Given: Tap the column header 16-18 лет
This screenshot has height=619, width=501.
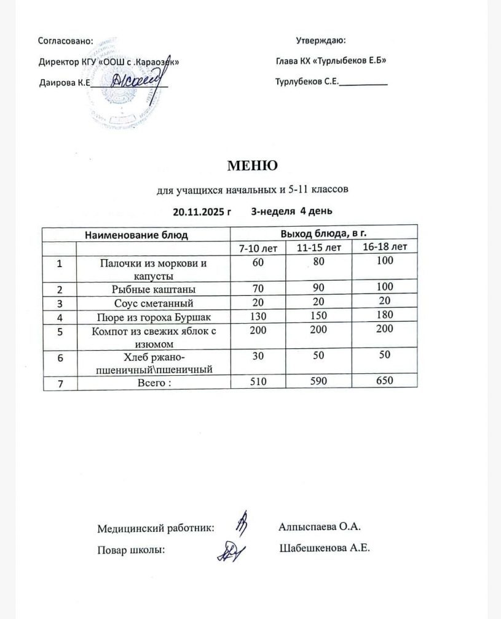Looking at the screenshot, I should click(x=385, y=247).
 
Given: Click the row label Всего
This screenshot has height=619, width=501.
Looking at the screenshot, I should click(x=152, y=382).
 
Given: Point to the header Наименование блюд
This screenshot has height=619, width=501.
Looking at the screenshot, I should click(x=136, y=234).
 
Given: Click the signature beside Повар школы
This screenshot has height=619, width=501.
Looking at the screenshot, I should click(x=233, y=550).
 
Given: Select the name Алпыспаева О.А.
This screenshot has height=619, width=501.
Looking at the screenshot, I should click(x=318, y=526).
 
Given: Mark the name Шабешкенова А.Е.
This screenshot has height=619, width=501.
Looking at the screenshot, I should click(x=324, y=548).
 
